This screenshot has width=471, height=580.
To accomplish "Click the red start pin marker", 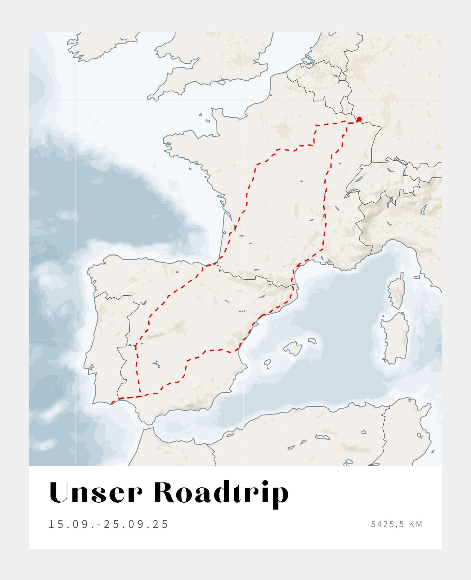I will pyautogui.click(x=359, y=119).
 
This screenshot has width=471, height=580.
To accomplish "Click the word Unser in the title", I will pyautogui.click(x=96, y=493).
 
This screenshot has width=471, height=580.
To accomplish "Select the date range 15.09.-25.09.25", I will pyautogui.click(x=109, y=524).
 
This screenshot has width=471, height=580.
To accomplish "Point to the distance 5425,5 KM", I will pyautogui.click(x=396, y=524).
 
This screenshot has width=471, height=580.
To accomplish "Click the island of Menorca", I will pyautogui.click(x=312, y=341).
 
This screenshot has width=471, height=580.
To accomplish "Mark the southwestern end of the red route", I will pyautogui.click(x=112, y=402).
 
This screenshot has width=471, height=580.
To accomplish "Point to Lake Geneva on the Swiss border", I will pyautogui.click(x=352, y=193).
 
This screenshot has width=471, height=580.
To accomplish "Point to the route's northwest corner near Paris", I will pyautogui.click(x=316, y=125).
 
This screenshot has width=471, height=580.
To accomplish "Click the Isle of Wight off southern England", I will pyautogui.click(x=222, y=82).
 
